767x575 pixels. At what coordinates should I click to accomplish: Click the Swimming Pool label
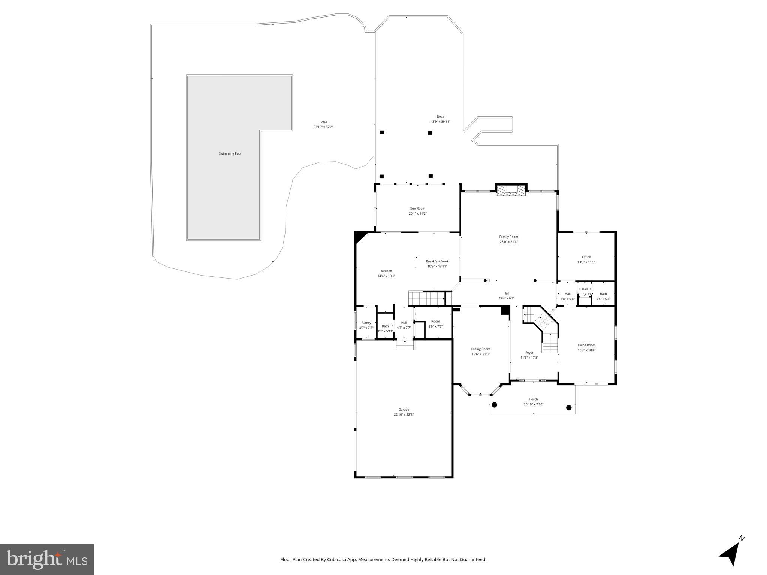click(230, 153)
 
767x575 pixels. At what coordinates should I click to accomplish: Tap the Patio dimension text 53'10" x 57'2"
click(323, 127)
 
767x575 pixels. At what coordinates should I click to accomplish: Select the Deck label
click(440, 116)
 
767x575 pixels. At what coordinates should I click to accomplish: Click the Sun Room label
click(417, 209)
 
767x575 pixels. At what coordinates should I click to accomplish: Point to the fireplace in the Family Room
click(511, 190)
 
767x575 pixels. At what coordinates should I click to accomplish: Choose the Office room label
click(586, 257)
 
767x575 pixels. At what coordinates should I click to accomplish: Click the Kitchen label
click(386, 271)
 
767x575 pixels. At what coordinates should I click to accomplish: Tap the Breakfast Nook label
click(437, 261)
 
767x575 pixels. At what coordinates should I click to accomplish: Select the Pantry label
click(366, 323)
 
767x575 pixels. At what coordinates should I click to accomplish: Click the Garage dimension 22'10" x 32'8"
click(404, 414)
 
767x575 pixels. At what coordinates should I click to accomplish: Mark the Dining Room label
click(480, 349)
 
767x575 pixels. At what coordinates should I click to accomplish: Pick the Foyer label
click(529, 353)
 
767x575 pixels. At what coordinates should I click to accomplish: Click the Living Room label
click(586, 345)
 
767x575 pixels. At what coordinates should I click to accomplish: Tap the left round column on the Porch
click(494, 405)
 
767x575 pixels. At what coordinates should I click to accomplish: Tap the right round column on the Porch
click(568, 408)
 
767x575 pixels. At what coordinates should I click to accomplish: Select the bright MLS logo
click(47, 559)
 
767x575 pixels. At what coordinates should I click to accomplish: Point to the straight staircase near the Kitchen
click(426, 298)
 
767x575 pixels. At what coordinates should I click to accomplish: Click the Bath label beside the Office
click(603, 294)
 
